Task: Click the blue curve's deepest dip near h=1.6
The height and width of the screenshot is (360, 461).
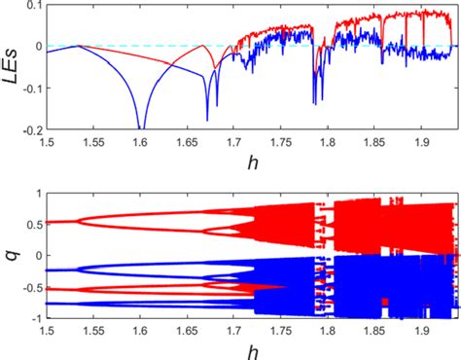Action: point(141,127)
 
